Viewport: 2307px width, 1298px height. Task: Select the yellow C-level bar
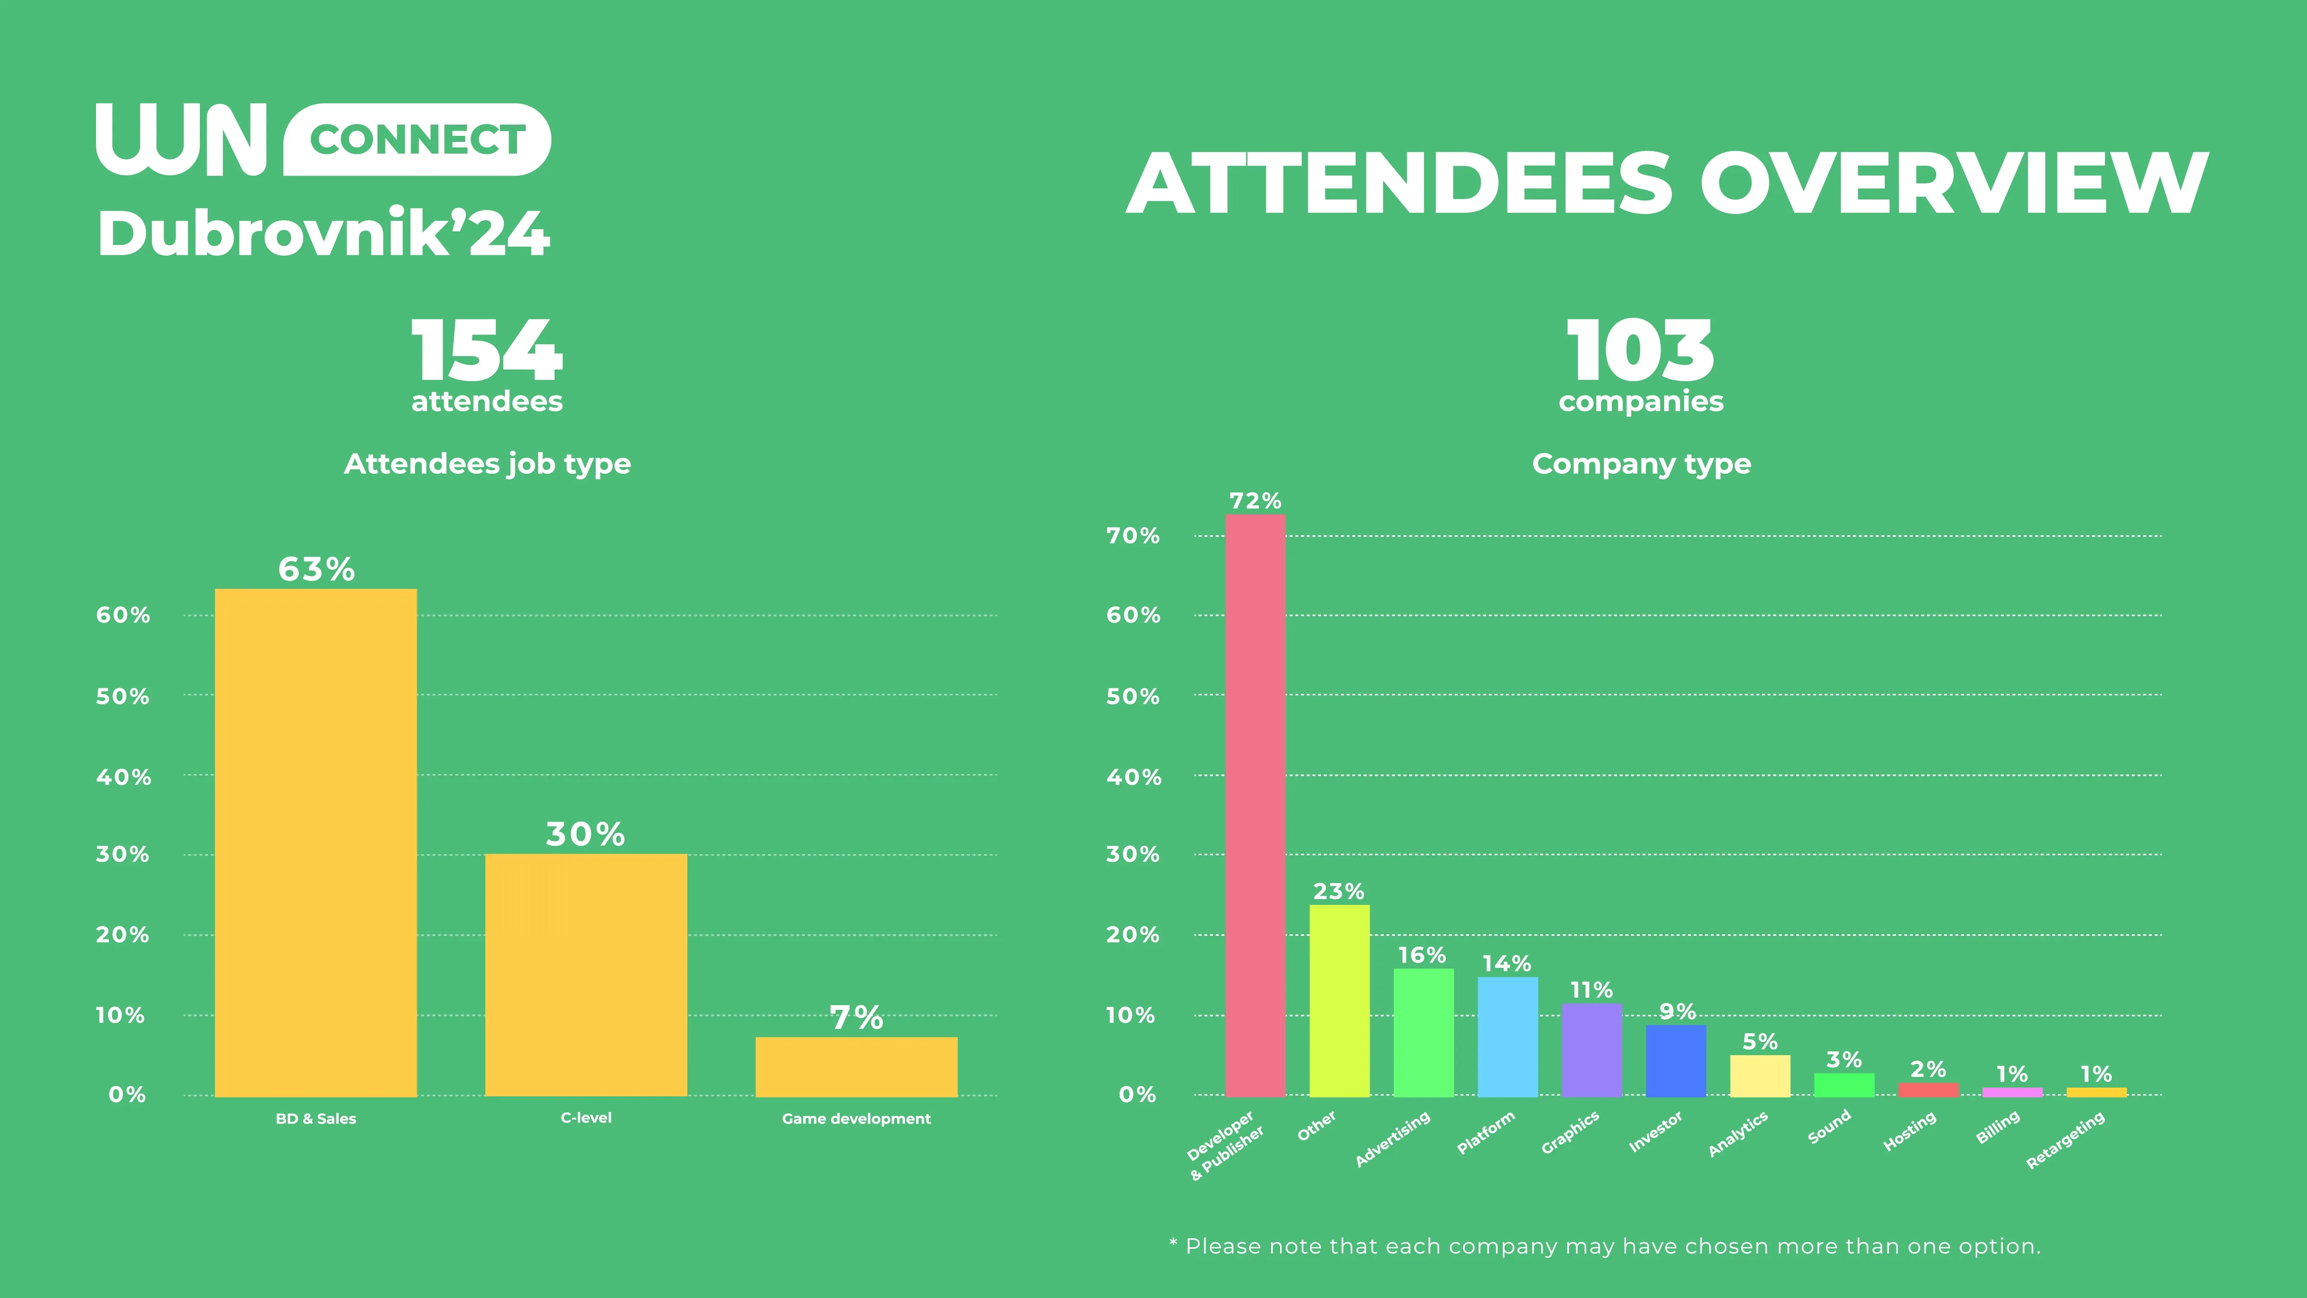pyautogui.click(x=586, y=975)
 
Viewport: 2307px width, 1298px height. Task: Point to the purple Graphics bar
pyautogui.click(x=1591, y=1050)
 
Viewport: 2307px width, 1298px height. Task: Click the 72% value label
pyautogui.click(x=1255, y=501)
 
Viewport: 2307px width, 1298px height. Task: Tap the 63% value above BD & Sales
pyautogui.click(x=316, y=569)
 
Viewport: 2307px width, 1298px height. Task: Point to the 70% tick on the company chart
pyautogui.click(x=1133, y=536)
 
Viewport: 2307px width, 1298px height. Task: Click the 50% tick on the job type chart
pyautogui.click(x=123, y=696)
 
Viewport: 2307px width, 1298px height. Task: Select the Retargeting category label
pyautogui.click(x=2065, y=1141)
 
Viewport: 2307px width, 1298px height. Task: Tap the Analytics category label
pyautogui.click(x=1737, y=1134)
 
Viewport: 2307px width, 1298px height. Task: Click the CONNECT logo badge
pyautogui.click(x=417, y=140)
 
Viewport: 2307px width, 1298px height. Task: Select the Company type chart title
pyautogui.click(x=1641, y=464)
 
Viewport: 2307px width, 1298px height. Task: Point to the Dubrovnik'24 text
pyautogui.click(x=323, y=234)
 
